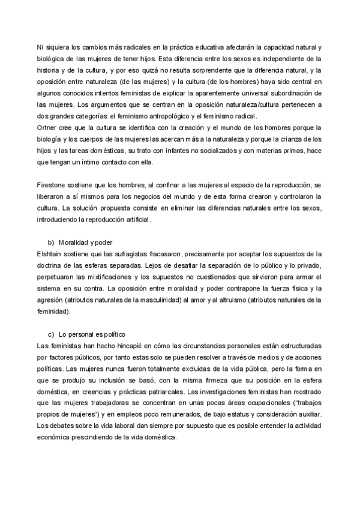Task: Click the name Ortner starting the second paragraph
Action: [x=47, y=128]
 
